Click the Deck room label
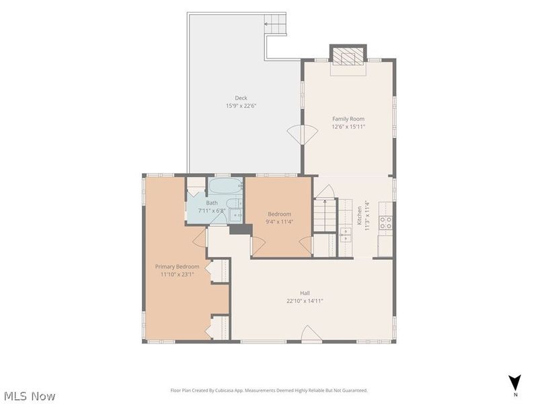click(x=241, y=98)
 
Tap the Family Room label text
click(x=348, y=119)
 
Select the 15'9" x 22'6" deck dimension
click(x=241, y=106)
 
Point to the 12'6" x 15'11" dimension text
click(x=348, y=127)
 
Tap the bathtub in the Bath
click(x=226, y=186)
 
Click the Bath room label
click(x=212, y=203)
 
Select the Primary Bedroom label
click(x=177, y=267)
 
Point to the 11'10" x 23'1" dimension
click(x=178, y=275)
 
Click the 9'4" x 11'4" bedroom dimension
click(x=279, y=222)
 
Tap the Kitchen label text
click(x=359, y=215)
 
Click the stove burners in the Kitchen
click(x=385, y=222)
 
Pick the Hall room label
click(x=305, y=293)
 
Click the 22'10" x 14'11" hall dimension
click(x=305, y=301)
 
